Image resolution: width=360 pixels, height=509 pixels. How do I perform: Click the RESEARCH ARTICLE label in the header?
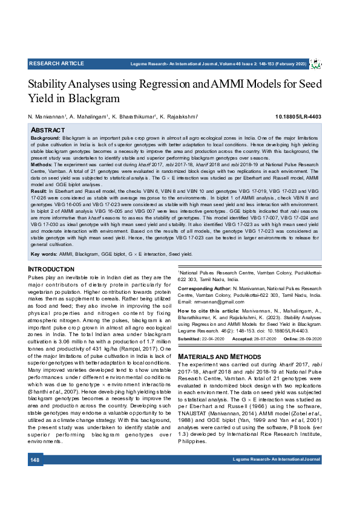coord(56,63)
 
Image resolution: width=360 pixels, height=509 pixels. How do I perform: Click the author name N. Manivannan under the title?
coord(49,116)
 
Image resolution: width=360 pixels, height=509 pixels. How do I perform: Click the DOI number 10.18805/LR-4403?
coord(298,116)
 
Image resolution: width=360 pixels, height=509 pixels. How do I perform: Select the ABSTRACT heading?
coord(47,130)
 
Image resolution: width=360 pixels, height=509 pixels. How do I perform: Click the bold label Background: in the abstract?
coord(45,138)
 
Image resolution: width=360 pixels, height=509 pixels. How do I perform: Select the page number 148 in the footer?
coord(35,478)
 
